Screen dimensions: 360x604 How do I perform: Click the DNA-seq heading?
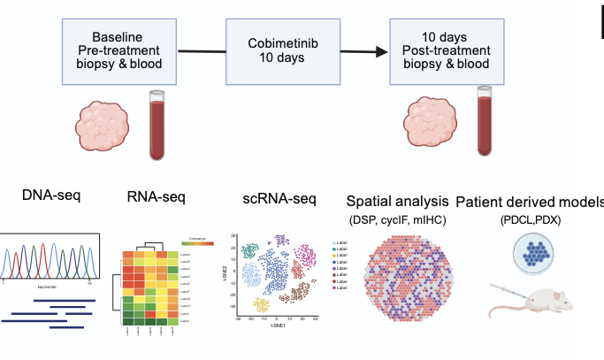50,195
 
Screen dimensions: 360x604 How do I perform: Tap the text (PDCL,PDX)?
536,218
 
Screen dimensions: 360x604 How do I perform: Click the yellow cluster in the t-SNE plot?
261,304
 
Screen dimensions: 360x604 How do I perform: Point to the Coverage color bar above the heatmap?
197,241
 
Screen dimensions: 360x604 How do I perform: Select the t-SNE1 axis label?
277,326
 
